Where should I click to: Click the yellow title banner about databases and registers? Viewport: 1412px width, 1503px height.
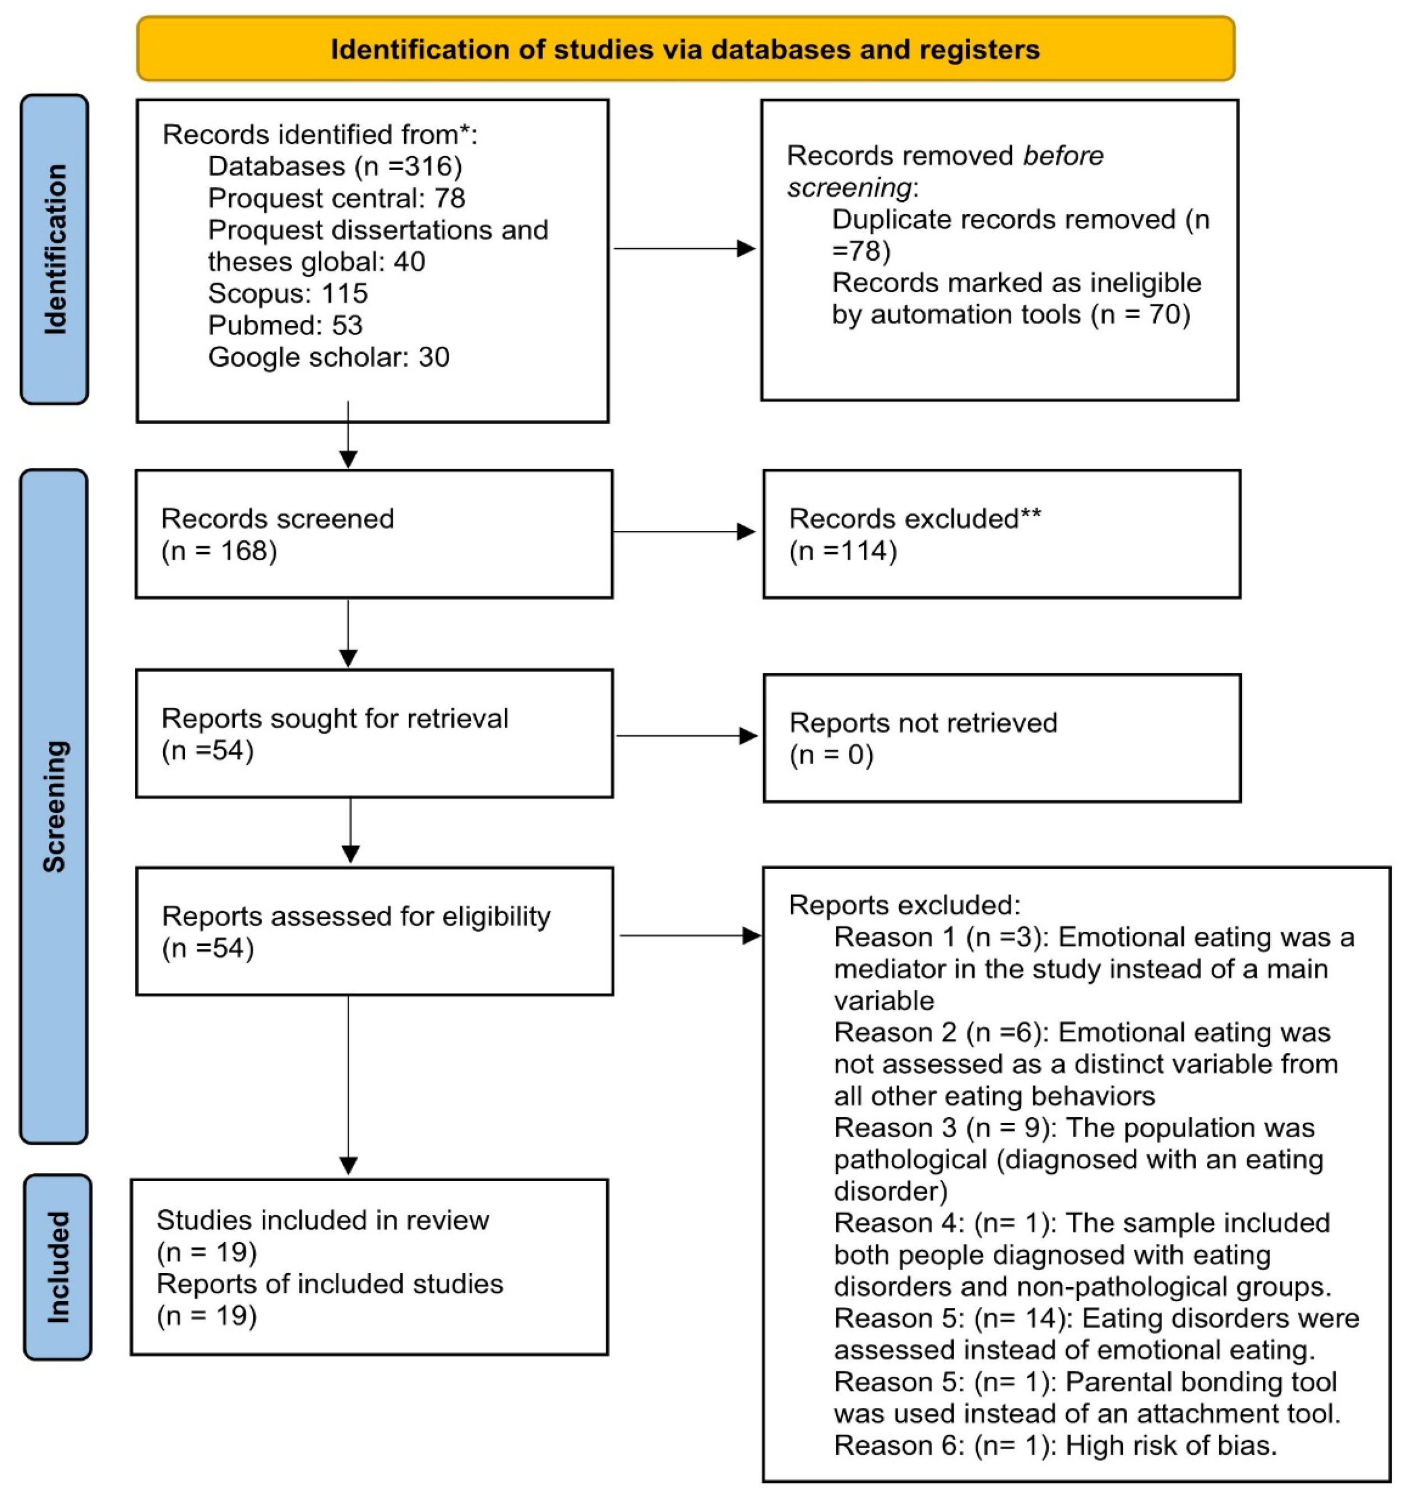[685, 49]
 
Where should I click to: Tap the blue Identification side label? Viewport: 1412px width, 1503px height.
[54, 249]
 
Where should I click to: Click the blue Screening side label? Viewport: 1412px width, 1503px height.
[54, 806]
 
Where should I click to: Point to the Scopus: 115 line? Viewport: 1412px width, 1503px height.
[287, 293]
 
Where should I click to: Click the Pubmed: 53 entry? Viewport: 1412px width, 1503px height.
[285, 325]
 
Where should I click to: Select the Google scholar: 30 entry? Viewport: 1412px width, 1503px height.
[328, 357]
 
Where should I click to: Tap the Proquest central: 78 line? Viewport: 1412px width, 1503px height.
[336, 198]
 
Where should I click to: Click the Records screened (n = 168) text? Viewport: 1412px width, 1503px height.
[277, 534]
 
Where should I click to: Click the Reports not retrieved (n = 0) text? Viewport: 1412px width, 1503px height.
[922, 739]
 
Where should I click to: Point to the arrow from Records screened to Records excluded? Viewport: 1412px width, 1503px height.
[683, 532]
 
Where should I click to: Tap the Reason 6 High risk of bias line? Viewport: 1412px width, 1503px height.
[1054, 1446]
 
